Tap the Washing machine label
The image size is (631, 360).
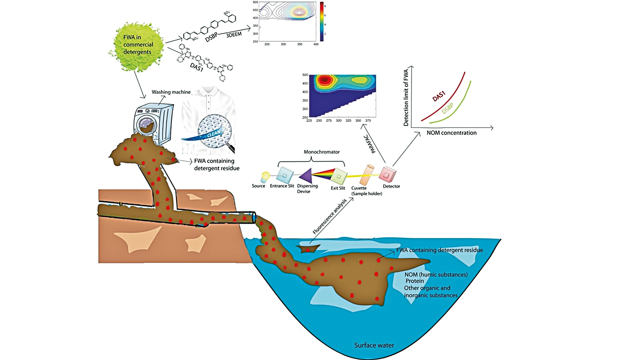point(171,92)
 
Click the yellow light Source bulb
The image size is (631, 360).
point(265,175)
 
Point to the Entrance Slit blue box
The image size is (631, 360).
point(284,175)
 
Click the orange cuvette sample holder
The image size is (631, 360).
point(367,175)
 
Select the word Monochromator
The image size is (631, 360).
point(322,152)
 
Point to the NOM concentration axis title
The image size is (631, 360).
point(451,133)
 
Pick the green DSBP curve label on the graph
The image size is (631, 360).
point(447,108)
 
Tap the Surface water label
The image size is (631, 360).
point(374,345)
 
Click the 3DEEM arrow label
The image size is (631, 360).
point(234,35)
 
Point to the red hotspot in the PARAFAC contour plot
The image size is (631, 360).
point(324,80)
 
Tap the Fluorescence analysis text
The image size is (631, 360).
point(330,216)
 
